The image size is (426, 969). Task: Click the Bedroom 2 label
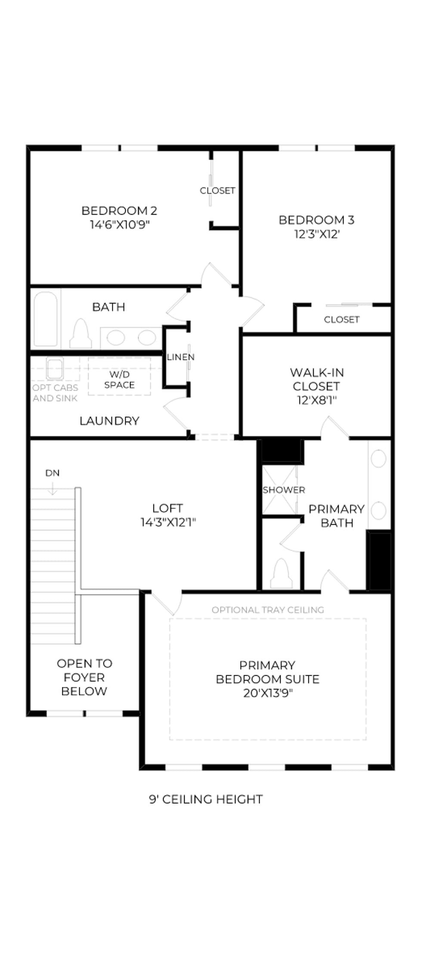(119, 211)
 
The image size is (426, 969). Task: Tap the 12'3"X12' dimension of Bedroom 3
(317, 234)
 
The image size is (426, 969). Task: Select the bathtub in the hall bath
(45, 319)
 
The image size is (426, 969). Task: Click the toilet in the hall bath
(81, 333)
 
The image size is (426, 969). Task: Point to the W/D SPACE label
(119, 380)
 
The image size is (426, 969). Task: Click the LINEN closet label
(181, 357)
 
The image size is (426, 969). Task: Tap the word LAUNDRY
(109, 421)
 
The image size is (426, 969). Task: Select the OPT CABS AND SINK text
(55, 393)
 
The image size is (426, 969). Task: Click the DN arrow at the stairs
(52, 488)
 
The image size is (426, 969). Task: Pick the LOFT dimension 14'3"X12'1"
(168, 522)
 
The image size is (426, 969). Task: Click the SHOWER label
(284, 490)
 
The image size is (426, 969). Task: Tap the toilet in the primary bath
(281, 574)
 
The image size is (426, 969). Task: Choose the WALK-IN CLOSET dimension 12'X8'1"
(317, 400)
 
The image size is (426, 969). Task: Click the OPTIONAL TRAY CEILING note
(268, 610)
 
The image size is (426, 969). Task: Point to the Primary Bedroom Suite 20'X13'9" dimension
(268, 693)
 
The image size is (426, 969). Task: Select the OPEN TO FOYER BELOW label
(84, 677)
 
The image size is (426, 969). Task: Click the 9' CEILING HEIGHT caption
(206, 799)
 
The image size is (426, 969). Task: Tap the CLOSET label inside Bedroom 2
(218, 190)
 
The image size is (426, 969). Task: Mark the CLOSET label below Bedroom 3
(342, 320)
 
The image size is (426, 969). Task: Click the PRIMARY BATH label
(336, 516)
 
